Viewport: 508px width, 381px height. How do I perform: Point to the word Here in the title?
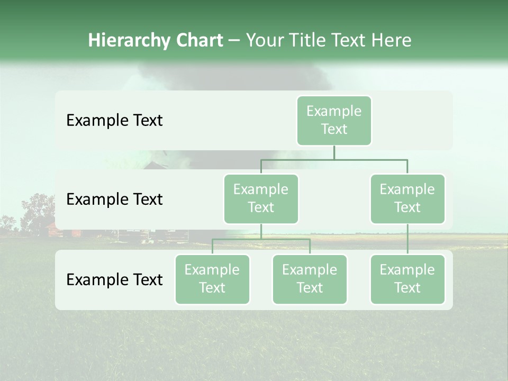tap(391, 40)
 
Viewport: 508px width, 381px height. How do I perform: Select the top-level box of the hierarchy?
tap(334, 120)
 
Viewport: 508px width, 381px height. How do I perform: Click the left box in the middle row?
tap(261, 198)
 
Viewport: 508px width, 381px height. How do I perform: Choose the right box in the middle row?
tap(407, 198)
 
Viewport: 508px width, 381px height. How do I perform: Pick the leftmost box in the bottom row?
tap(212, 279)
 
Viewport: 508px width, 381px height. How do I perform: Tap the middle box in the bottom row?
tap(310, 279)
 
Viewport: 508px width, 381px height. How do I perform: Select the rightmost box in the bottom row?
tap(407, 279)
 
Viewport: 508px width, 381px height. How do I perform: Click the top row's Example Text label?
tap(114, 121)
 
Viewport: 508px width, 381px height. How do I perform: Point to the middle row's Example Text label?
tap(114, 199)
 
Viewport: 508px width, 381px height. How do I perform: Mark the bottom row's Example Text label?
tap(114, 279)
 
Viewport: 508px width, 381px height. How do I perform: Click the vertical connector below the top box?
tap(334, 152)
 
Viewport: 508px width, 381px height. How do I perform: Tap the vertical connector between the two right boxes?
tap(407, 239)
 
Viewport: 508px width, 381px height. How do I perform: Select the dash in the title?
tap(234, 40)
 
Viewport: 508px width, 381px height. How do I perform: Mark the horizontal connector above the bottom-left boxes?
tap(261, 239)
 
